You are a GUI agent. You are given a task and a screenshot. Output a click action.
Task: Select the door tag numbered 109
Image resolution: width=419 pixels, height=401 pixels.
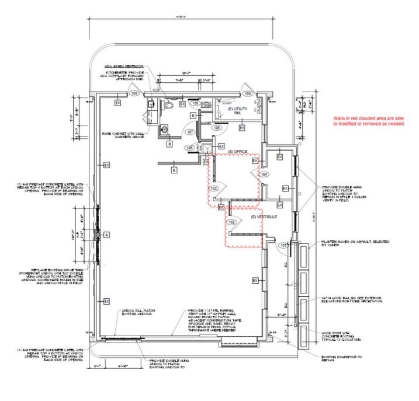(248, 93)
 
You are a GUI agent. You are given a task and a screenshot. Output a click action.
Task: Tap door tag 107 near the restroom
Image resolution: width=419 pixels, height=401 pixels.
(190, 132)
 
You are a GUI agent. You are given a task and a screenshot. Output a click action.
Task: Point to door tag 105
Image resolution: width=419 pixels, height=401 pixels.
(216, 127)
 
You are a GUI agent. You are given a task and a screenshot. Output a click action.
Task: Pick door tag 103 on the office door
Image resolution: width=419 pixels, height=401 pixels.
(213, 189)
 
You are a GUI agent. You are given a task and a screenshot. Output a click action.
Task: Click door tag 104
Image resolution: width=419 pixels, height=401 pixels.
(264, 174)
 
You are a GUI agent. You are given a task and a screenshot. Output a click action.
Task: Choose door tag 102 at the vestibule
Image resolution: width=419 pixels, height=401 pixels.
(231, 222)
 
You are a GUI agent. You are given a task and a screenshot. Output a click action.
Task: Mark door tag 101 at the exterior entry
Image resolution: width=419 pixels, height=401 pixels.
(283, 245)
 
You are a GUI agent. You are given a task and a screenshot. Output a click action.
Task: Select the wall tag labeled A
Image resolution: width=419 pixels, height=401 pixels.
(106, 234)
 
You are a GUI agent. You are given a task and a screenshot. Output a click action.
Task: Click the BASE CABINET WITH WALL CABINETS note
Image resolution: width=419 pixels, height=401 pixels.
(122, 135)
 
